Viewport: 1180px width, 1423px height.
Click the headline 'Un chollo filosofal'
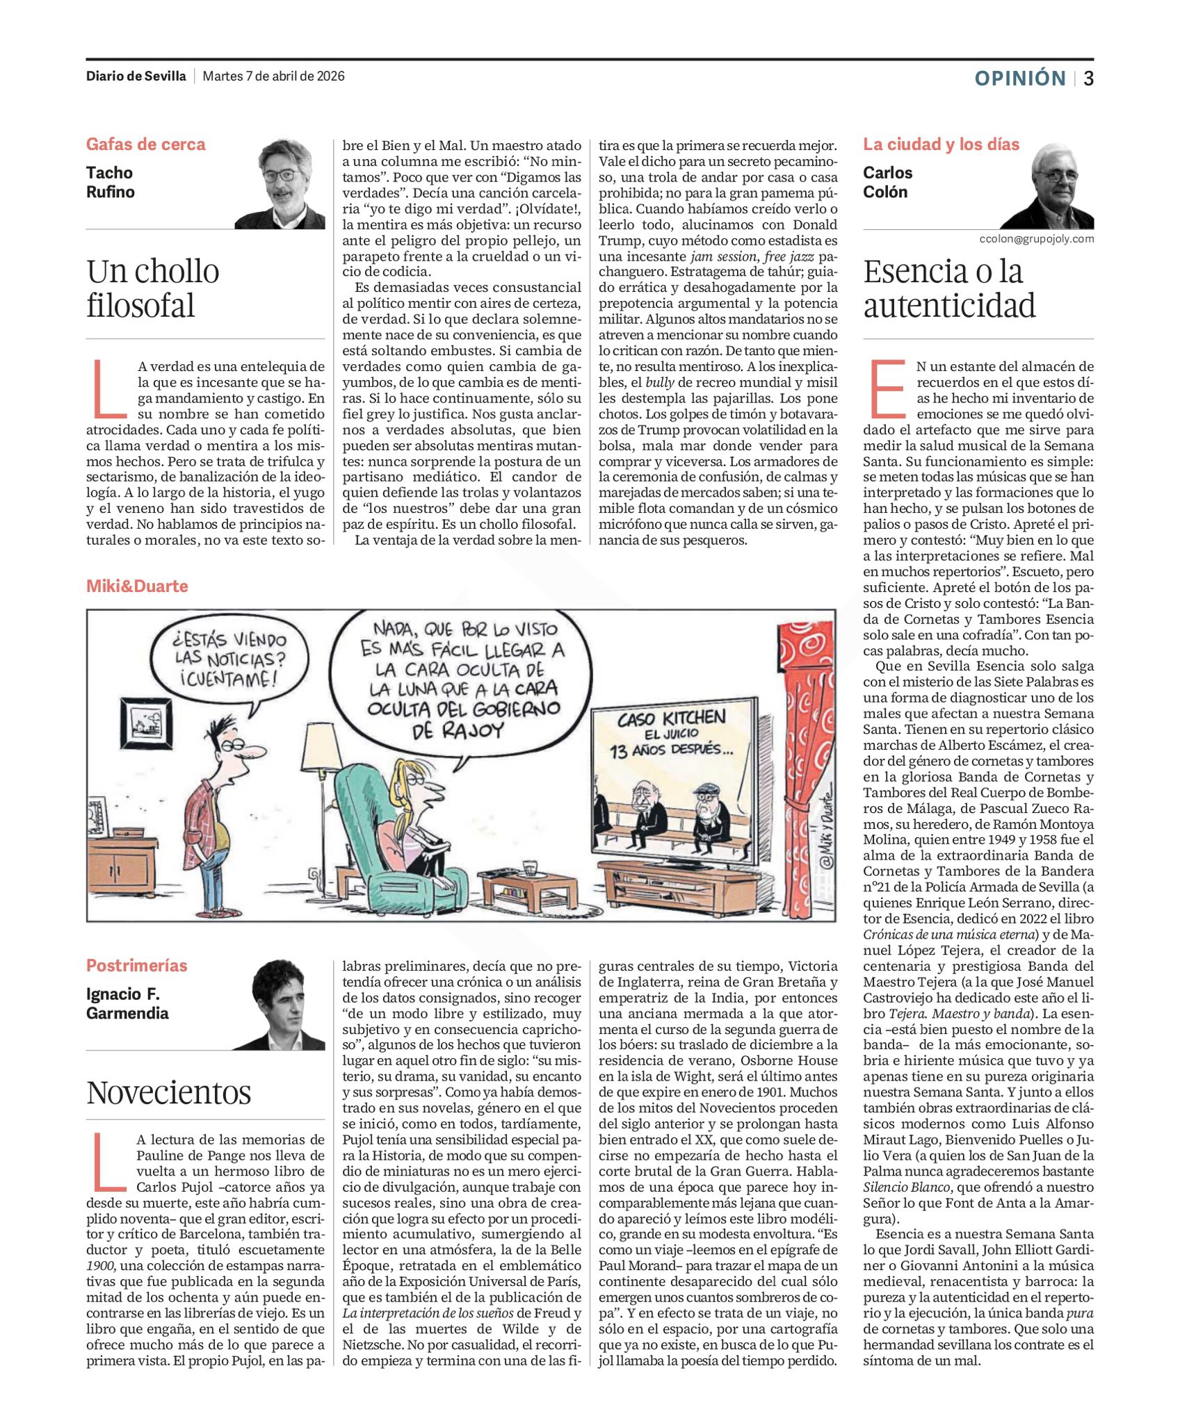(153, 288)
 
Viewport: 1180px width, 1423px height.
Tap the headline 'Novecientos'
(168, 1092)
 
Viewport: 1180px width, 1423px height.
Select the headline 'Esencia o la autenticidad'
(950, 288)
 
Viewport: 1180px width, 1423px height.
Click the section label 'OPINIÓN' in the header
(1019, 79)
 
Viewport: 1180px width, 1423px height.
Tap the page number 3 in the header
(1088, 79)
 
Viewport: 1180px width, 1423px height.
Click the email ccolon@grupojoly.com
(1036, 239)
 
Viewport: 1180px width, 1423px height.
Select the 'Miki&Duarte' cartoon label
(137, 586)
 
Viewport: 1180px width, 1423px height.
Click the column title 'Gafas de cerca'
(145, 145)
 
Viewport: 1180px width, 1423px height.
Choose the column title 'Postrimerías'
(136, 965)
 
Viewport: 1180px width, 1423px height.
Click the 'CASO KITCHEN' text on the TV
(671, 718)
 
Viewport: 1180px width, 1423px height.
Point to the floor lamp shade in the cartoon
(322, 746)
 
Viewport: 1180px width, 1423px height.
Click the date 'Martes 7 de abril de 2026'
(273, 76)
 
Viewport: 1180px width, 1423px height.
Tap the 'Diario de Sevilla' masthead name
(136, 76)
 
